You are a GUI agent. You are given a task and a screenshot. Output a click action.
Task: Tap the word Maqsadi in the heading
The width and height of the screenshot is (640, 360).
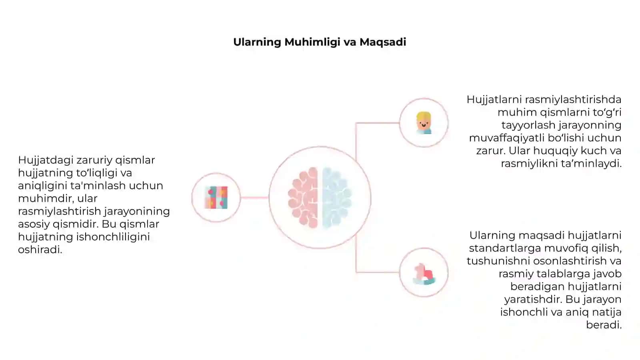click(382, 42)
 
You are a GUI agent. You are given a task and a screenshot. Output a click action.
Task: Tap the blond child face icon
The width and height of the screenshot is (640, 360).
click(424, 123)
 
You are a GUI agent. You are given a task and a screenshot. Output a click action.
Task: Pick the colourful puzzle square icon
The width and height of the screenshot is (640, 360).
click(216, 198)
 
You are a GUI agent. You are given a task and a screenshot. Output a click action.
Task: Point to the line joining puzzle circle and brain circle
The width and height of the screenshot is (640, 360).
click(254, 198)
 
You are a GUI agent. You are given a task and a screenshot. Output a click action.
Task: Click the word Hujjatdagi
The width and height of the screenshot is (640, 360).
click(46, 161)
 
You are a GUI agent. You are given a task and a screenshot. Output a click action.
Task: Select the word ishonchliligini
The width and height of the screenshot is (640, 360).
click(113, 237)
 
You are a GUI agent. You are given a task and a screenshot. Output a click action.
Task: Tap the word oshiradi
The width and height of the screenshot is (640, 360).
click(40, 250)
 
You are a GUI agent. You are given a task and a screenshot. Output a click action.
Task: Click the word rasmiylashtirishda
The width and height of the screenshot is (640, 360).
click(573, 100)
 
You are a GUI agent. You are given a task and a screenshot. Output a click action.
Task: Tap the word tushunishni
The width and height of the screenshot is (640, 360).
click(498, 261)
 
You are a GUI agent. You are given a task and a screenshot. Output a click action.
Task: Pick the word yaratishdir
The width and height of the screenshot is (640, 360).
click(534, 300)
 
